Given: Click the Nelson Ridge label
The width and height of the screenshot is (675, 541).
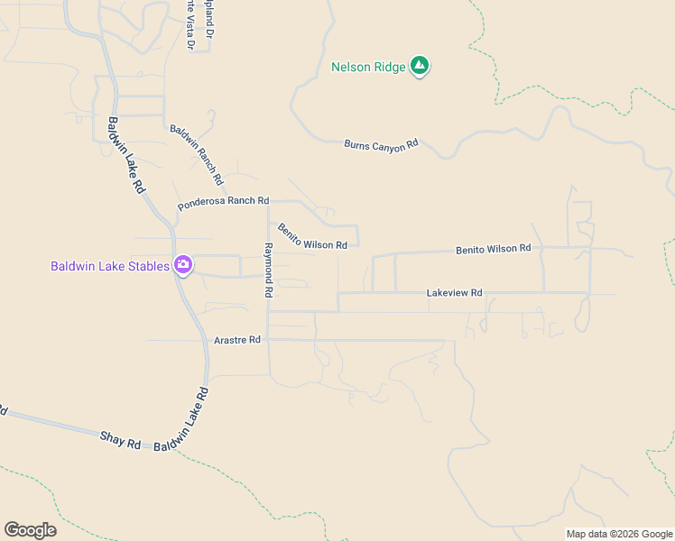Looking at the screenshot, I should [x=368, y=67].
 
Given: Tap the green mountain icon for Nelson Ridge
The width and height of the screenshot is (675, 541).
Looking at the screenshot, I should [x=419, y=65].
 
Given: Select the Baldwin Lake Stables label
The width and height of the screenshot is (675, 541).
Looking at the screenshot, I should [x=110, y=266].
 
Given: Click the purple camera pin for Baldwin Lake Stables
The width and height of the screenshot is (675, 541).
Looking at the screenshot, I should [x=183, y=264].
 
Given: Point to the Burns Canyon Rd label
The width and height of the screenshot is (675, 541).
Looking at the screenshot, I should [x=382, y=144].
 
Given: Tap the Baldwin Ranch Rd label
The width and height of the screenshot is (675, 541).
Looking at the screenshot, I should [x=196, y=150].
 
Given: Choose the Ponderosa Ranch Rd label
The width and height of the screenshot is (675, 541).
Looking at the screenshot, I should [x=224, y=203].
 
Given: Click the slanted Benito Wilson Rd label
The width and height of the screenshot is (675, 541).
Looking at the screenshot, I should [x=312, y=237].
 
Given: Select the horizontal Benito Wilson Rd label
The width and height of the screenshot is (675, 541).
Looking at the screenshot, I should [x=493, y=248].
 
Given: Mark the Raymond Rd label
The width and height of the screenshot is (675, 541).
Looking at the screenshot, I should [x=267, y=270].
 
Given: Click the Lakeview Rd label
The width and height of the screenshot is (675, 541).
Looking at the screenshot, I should [x=454, y=293].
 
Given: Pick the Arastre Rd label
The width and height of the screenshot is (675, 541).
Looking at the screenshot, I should [x=237, y=340].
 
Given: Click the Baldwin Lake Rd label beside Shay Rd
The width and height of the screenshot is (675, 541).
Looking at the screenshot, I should [x=181, y=420].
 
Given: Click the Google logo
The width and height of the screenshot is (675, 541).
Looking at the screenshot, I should [x=30, y=530].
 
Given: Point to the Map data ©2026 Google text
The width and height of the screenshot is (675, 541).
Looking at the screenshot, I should [x=619, y=534].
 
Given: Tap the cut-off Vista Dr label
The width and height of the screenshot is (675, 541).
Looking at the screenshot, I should [x=190, y=25].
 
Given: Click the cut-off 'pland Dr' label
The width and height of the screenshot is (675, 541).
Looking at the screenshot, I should [x=209, y=18].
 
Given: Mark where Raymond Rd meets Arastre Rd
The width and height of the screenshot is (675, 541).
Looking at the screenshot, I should [x=269, y=340].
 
